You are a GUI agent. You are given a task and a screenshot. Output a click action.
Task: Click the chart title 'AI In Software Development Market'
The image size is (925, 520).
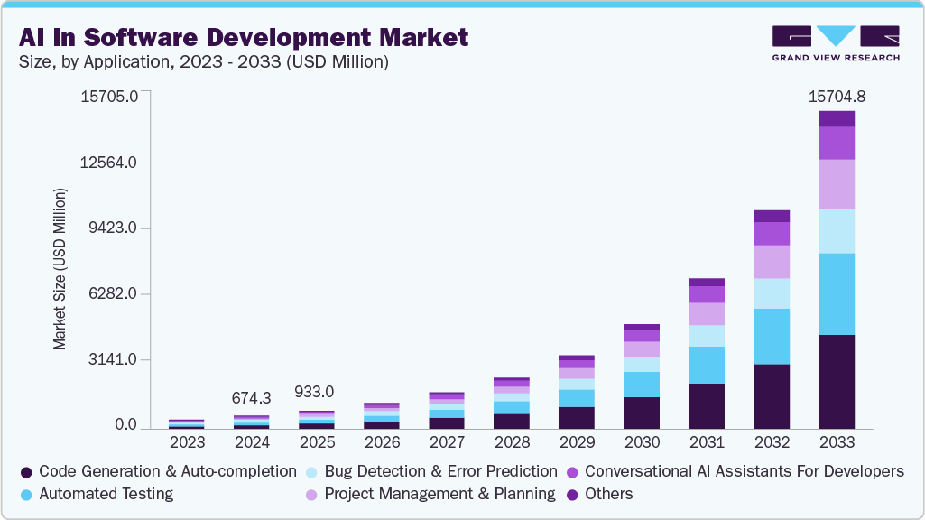point(243,37)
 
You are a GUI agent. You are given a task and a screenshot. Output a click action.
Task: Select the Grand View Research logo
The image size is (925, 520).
point(836,42)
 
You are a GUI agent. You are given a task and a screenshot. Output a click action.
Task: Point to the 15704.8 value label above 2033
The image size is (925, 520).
point(836,97)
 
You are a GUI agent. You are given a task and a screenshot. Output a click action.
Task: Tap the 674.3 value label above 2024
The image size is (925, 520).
point(252,398)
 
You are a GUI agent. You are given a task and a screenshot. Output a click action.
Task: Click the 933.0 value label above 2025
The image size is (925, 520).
point(315,392)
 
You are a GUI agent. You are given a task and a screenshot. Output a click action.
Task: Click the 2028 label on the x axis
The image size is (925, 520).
point(511,443)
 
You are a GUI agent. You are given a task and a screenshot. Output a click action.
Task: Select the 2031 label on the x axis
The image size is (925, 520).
point(706,443)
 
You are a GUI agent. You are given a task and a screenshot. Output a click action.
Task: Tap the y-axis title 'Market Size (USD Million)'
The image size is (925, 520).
point(60,269)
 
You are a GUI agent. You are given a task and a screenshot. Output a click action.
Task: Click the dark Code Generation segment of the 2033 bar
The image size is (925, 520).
point(836,381)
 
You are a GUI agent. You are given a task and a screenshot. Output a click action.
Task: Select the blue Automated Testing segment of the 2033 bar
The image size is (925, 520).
point(836,293)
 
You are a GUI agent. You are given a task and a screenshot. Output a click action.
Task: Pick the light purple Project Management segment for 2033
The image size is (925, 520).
point(836,184)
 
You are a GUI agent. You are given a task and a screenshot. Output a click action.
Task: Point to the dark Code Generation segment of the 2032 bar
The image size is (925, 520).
point(771,395)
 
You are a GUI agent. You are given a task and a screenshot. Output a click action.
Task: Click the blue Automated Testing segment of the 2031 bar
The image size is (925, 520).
point(706,365)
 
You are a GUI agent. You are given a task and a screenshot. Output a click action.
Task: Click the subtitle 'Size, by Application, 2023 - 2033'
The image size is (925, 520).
point(203,62)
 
